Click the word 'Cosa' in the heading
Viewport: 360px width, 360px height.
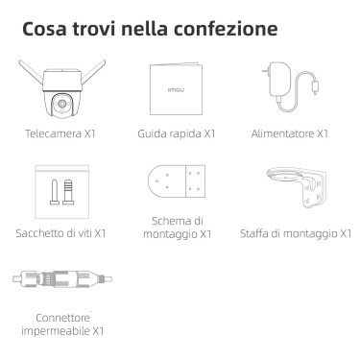point(44,29)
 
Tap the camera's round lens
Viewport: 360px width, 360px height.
point(61,104)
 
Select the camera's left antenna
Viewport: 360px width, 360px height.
point(31,70)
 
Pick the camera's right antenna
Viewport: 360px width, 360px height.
point(94,70)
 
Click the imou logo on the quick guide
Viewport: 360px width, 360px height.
point(176,90)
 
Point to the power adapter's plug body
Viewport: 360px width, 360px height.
point(279,80)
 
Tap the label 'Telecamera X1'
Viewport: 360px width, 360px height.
point(60,133)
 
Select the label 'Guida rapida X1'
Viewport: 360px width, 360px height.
point(177,133)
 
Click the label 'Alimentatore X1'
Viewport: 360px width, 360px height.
point(290,133)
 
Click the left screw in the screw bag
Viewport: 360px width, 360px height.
point(54,192)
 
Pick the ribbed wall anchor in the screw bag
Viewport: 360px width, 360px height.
point(68,192)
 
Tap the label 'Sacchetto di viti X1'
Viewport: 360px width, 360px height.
point(60,233)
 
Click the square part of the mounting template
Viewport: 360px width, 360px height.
point(196,181)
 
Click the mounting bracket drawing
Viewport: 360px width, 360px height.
point(297,186)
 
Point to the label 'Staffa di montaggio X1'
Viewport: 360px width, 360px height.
point(296,233)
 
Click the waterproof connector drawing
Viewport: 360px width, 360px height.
point(62,278)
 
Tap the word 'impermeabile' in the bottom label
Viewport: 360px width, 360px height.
point(55,330)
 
